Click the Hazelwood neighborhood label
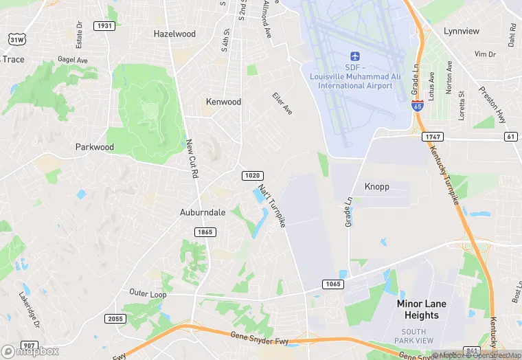tap(174, 34)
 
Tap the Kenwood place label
tap(224, 102)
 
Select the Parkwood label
tap(94, 147)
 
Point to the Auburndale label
tap(203, 212)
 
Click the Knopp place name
tap(376, 187)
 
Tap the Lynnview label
tap(462, 32)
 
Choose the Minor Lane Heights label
tap(422, 309)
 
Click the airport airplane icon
tap(355, 56)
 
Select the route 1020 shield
tap(251, 177)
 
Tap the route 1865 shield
tap(205, 232)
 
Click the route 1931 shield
tap(105, 26)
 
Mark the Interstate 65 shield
tap(417, 105)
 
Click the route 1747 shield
tap(432, 137)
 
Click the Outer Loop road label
tap(148, 293)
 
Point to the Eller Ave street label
tap(282, 104)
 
